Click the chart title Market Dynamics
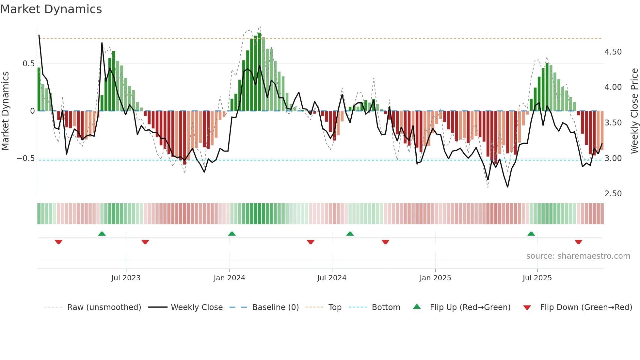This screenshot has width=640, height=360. pyautogui.click(x=51, y=9)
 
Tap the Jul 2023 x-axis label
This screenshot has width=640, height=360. pyautogui.click(x=126, y=278)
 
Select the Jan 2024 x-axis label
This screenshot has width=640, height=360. pyautogui.click(x=229, y=278)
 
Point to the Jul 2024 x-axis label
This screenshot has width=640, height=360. pyautogui.click(x=332, y=278)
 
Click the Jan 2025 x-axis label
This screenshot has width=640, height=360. pyautogui.click(x=435, y=278)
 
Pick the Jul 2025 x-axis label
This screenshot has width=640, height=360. pyautogui.click(x=537, y=278)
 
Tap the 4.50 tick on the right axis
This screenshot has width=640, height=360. pyautogui.click(x=613, y=52)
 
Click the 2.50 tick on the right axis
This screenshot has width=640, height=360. pyautogui.click(x=613, y=194)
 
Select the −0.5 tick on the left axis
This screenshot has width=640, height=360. pyautogui.click(x=25, y=158)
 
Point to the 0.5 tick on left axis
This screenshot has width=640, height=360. pyautogui.click(x=28, y=64)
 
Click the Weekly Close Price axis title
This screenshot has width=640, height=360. pyautogui.click(x=634, y=111)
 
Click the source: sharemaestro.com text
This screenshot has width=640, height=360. pyautogui.click(x=578, y=256)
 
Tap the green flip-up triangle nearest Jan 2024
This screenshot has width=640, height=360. pyautogui.click(x=232, y=234)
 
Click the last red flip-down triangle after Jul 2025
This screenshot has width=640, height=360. pyautogui.click(x=578, y=242)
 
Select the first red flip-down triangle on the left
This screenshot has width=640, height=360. pyautogui.click(x=58, y=242)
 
